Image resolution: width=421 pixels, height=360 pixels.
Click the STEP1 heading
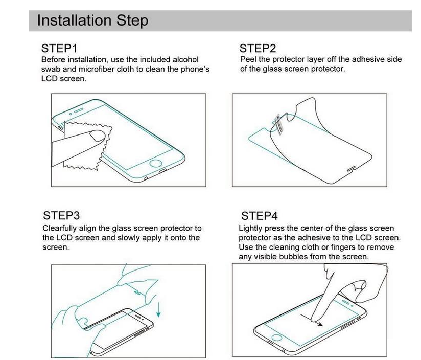pos(59,49)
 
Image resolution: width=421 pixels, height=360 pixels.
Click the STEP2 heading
pos(258,49)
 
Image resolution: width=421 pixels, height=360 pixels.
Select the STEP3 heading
pos(61,215)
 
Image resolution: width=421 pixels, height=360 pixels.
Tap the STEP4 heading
pos(260,216)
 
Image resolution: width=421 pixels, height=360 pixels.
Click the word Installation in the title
pos(74,20)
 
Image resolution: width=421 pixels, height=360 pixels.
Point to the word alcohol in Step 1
pos(185,59)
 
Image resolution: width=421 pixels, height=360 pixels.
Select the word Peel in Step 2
pos(248,59)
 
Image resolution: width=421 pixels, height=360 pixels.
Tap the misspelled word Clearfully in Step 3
pos(60,229)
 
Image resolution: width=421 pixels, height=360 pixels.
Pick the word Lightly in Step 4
pos(250,229)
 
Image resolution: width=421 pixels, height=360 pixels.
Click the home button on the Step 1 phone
pos(156,163)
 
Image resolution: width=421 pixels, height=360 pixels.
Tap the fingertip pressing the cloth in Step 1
pos(97,136)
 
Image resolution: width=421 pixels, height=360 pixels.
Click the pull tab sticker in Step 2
pos(278,124)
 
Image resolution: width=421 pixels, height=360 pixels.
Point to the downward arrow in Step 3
pos(159,309)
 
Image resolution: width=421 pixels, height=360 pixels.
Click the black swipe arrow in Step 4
pos(312,320)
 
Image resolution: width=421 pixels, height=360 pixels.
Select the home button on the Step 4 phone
pos(277,337)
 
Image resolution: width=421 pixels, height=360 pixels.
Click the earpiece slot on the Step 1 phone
pos(78,110)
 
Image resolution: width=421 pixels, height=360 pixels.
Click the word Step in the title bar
pos(132,20)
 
